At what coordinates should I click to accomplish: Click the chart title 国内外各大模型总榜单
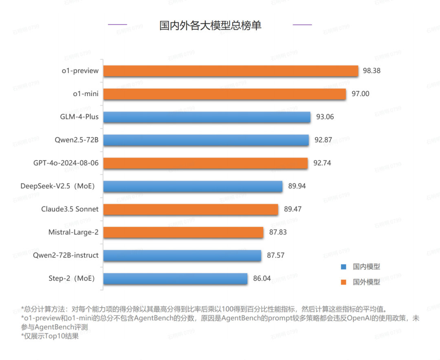(x=210, y=26)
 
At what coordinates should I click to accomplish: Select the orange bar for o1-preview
(x=231, y=71)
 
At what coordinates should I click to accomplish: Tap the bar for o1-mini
(x=224, y=94)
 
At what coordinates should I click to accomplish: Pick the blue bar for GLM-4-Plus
(x=207, y=117)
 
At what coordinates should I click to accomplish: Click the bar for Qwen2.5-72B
(x=206, y=140)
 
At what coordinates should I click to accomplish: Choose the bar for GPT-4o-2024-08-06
(x=206, y=163)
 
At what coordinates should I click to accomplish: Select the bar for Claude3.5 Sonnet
(x=191, y=210)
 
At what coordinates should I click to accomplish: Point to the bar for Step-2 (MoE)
(x=176, y=279)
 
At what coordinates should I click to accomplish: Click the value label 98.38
(x=372, y=71)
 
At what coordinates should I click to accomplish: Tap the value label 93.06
(x=325, y=117)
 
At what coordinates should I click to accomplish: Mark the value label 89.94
(x=297, y=187)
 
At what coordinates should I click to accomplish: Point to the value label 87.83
(x=278, y=233)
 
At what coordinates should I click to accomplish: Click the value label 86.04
(x=262, y=279)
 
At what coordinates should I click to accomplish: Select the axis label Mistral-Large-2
(x=73, y=233)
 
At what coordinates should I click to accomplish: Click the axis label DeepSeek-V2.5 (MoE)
(x=57, y=187)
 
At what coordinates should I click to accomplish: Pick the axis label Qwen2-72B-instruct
(x=66, y=256)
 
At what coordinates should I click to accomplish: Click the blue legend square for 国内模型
(x=343, y=267)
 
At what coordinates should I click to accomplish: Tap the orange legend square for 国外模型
(x=343, y=282)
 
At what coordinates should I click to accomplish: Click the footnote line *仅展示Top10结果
(x=49, y=337)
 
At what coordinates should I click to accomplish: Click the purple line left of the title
(x=117, y=25)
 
